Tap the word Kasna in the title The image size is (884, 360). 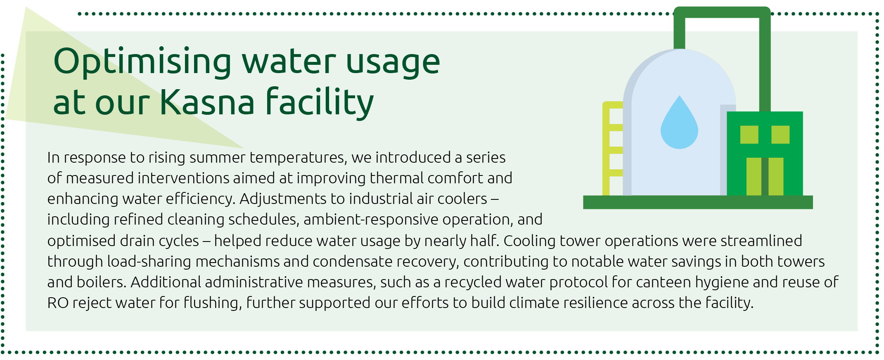coord(207,102)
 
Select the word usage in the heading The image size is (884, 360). coord(393,62)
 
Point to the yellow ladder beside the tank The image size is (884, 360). coord(612,149)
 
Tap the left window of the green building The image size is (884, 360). coord(749,135)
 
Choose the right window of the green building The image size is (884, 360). coord(780,135)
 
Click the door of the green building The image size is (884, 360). coord(765,176)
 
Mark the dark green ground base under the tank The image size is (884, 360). coord(698,202)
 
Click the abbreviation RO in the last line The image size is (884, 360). coord(58,303)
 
